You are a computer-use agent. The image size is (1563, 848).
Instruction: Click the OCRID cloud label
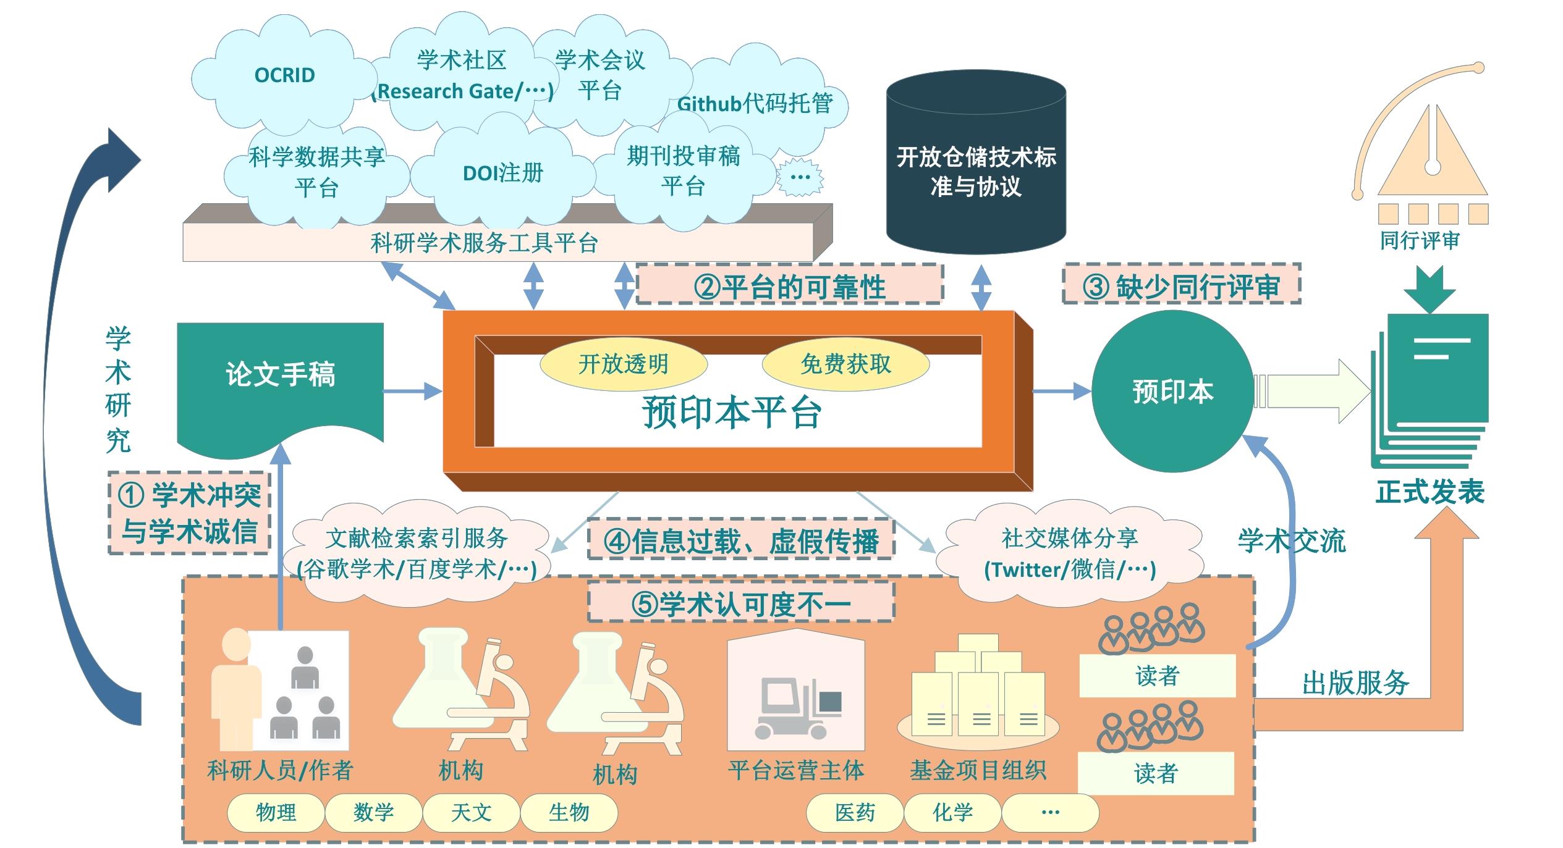coord(284,75)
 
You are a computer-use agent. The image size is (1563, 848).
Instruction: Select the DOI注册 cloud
coord(502,173)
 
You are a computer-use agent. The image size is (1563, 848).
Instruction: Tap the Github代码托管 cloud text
coord(755,104)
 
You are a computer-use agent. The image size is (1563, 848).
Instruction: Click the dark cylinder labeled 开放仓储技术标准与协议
coord(976,167)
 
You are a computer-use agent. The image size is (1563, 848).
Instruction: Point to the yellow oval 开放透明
coord(623,364)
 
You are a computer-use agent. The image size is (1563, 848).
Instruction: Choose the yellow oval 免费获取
coord(845,364)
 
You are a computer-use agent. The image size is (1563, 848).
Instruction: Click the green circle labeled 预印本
coord(1172,392)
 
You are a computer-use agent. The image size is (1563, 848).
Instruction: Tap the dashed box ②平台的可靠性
coord(789,286)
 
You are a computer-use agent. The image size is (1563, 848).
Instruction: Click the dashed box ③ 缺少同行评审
coord(1181,286)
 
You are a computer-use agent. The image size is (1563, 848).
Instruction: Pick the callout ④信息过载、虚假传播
coord(740,542)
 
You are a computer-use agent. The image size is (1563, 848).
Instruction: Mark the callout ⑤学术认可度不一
coord(740,603)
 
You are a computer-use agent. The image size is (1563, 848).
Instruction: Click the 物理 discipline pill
coord(276,812)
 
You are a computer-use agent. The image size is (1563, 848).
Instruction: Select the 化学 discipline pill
coord(952,812)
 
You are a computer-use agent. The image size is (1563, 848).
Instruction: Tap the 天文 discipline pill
coord(471,812)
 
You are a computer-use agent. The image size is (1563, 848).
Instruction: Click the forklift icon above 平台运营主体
coord(797,707)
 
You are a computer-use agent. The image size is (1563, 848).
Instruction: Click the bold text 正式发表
coord(1430,492)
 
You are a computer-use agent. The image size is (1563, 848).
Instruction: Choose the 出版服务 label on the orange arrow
coord(1355,683)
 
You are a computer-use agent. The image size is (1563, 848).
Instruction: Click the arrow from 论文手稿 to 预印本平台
coord(412,391)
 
